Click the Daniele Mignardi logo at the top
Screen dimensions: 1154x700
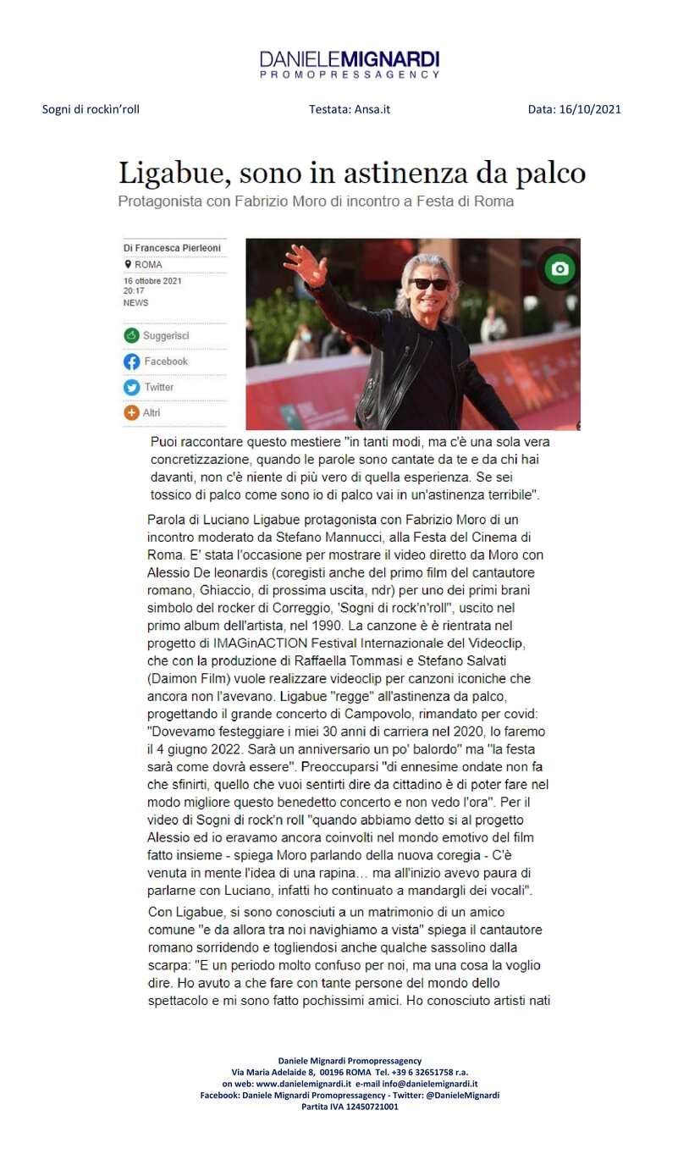349,63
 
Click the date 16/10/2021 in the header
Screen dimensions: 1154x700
590,109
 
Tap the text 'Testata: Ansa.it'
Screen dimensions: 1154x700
349,109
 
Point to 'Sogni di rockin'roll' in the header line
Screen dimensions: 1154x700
91,109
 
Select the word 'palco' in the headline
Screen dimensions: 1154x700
549,173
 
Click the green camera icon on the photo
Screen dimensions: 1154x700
559,268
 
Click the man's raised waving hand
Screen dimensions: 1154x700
306,263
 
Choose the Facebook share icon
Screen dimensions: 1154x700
131,362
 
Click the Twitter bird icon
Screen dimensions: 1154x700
131,387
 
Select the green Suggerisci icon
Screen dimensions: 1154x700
131,336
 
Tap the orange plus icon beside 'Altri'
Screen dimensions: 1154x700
131,413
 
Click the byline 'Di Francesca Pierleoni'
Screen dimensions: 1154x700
172,248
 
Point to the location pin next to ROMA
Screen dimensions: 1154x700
128,264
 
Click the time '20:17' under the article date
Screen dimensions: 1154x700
134,290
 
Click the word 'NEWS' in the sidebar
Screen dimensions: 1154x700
135,302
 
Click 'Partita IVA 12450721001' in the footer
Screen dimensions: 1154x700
349,1106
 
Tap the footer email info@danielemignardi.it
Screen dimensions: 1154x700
429,1083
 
